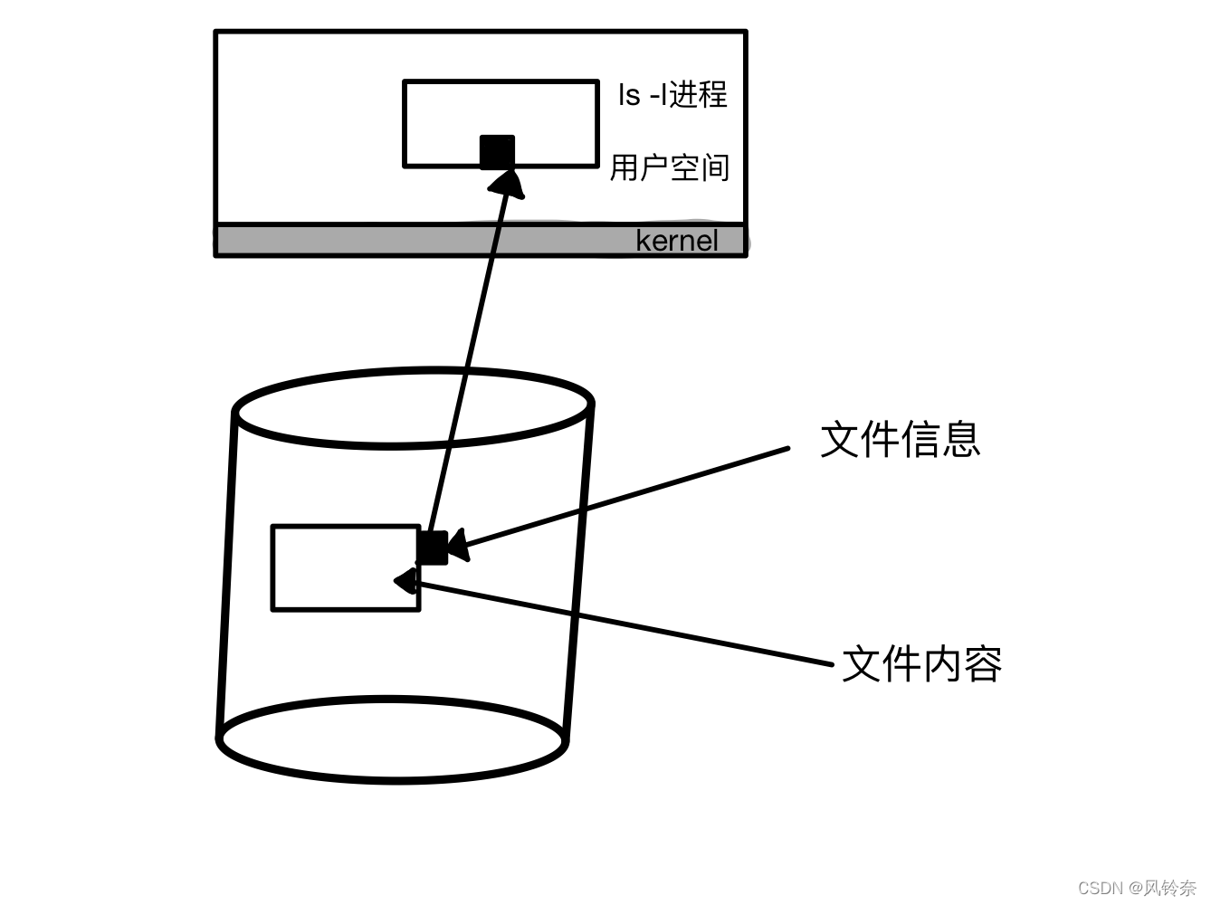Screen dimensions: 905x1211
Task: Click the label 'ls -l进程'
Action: click(672, 94)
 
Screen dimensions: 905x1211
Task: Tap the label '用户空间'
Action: click(670, 167)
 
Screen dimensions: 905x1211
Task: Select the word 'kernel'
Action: click(677, 241)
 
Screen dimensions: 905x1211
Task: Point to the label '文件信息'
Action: click(901, 440)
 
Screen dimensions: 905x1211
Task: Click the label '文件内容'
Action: click(922, 664)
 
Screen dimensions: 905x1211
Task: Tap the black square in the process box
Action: click(497, 152)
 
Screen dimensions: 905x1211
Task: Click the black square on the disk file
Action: click(432, 548)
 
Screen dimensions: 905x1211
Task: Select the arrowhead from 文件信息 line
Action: click(456, 546)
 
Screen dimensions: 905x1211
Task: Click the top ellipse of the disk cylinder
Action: click(413, 407)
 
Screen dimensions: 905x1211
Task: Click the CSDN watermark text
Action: click(1137, 887)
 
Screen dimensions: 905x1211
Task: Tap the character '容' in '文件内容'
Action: click(983, 664)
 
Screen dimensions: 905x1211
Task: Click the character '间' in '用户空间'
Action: click(715, 167)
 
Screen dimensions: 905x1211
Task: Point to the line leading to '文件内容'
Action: click(634, 626)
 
